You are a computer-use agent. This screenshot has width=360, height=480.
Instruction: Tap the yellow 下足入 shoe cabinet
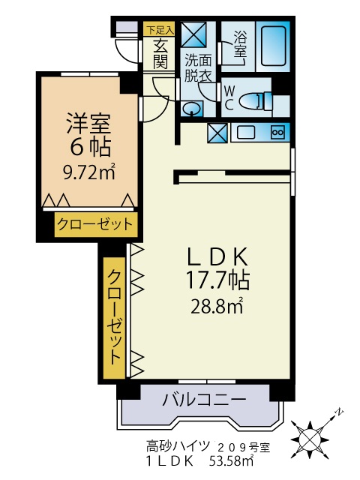point(160,30)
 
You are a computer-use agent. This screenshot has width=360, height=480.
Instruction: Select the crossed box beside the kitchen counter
point(217,133)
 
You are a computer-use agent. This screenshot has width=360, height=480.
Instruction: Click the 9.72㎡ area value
point(88,172)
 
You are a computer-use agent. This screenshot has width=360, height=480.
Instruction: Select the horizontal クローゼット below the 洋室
point(94,223)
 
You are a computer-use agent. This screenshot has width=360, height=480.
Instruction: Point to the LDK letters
point(217,256)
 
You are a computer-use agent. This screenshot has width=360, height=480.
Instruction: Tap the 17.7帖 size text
point(217,280)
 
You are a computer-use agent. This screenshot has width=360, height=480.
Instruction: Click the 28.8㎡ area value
point(218,305)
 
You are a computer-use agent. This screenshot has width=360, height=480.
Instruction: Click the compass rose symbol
point(310,435)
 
